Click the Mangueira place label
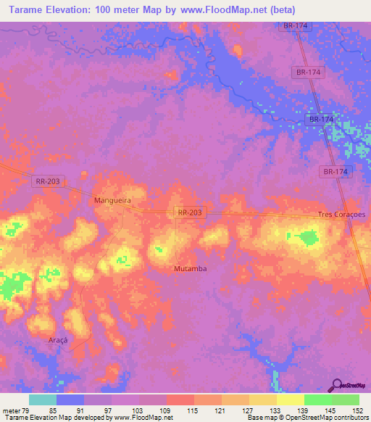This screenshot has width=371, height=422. (x=112, y=197)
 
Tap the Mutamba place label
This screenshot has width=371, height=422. (x=191, y=268)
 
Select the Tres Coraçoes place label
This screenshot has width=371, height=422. (x=343, y=215)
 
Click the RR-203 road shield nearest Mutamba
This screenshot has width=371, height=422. (x=191, y=212)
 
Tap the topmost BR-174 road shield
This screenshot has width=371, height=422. (x=296, y=26)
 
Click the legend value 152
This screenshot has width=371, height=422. (x=358, y=410)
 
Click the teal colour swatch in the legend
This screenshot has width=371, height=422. (x=43, y=400)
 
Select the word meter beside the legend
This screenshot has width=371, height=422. (x=12, y=410)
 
